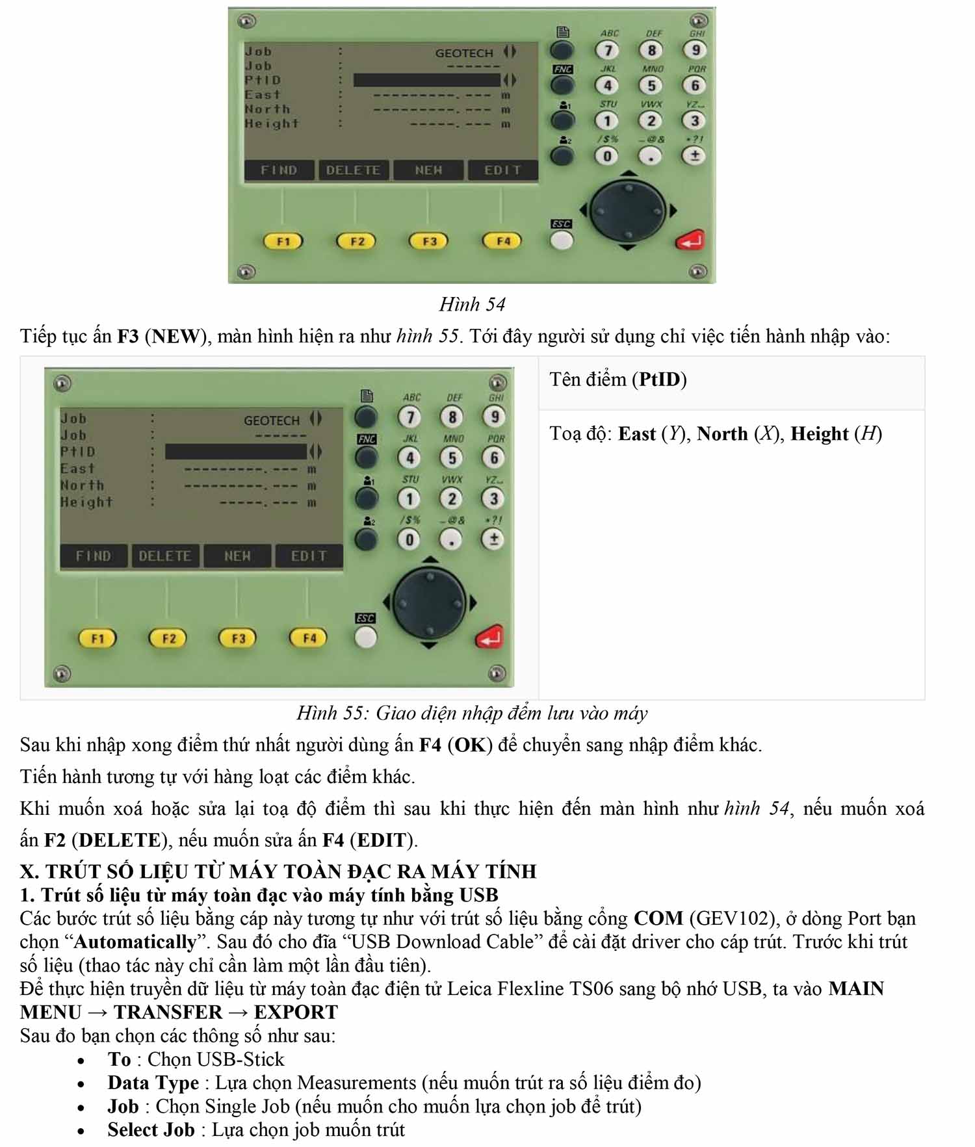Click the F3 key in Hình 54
[429, 241]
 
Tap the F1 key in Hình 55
[97, 638]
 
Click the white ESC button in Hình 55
[365, 637]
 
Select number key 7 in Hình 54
[608, 50]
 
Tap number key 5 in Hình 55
[452, 458]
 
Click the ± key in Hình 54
[694, 156]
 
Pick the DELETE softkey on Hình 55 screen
[165, 556]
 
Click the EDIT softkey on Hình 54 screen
[502, 170]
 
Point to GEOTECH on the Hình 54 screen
[464, 53]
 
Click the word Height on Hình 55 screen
[86, 502]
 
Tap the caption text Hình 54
[473, 304]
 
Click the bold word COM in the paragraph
[658, 918]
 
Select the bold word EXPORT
[296, 1012]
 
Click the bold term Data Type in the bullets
[153, 1083]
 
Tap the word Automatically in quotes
[135, 942]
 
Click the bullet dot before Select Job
[81, 1131]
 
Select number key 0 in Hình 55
[409, 539]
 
